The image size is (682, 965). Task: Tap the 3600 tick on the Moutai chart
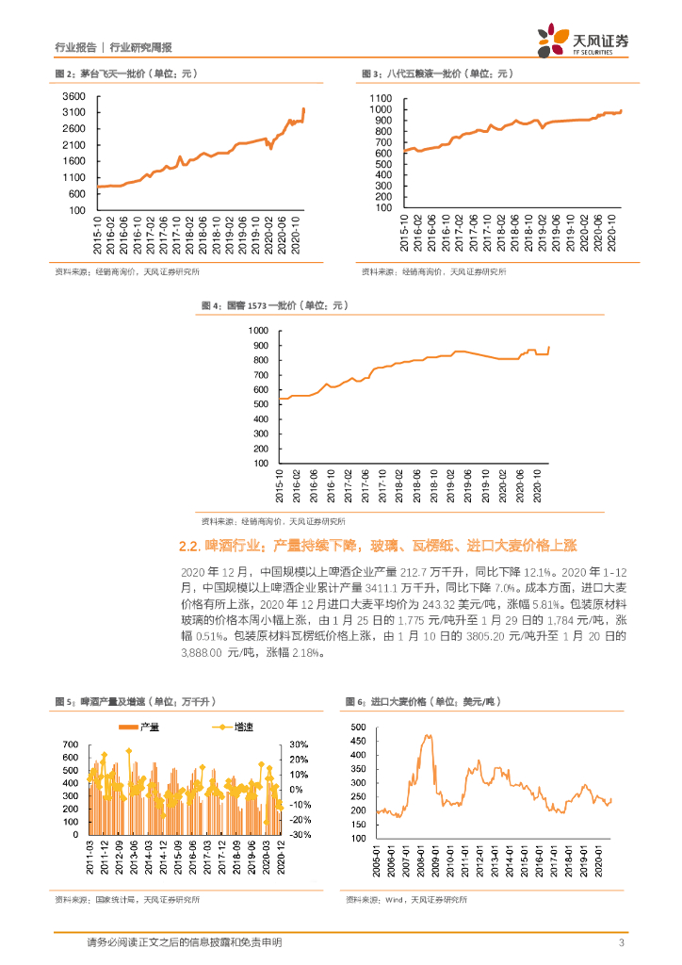click(x=74, y=96)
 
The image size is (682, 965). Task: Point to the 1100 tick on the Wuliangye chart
click(x=380, y=98)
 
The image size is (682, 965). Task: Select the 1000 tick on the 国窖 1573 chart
click(x=257, y=331)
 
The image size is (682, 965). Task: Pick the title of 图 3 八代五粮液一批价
click(x=435, y=74)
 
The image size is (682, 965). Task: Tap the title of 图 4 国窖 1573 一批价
click(x=275, y=305)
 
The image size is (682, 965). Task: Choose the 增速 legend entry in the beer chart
click(x=224, y=727)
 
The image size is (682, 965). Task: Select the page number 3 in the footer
click(x=621, y=943)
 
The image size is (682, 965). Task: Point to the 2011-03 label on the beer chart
click(x=89, y=863)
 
